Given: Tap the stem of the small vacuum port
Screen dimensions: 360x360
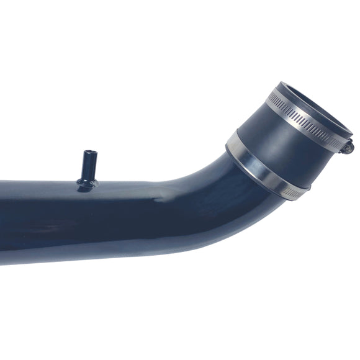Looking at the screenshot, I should tap(88, 166).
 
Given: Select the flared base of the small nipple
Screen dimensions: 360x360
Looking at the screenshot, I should tap(87, 182).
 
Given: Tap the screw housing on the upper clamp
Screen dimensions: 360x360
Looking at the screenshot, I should tap(347, 146).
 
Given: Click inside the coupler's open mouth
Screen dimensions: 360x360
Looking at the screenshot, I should tap(310, 102).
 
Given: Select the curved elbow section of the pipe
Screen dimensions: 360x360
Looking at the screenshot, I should tap(211, 192).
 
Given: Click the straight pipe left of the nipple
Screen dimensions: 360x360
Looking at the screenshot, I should tap(37, 211).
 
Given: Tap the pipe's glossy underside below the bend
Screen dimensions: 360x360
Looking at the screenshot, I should tap(186, 242).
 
